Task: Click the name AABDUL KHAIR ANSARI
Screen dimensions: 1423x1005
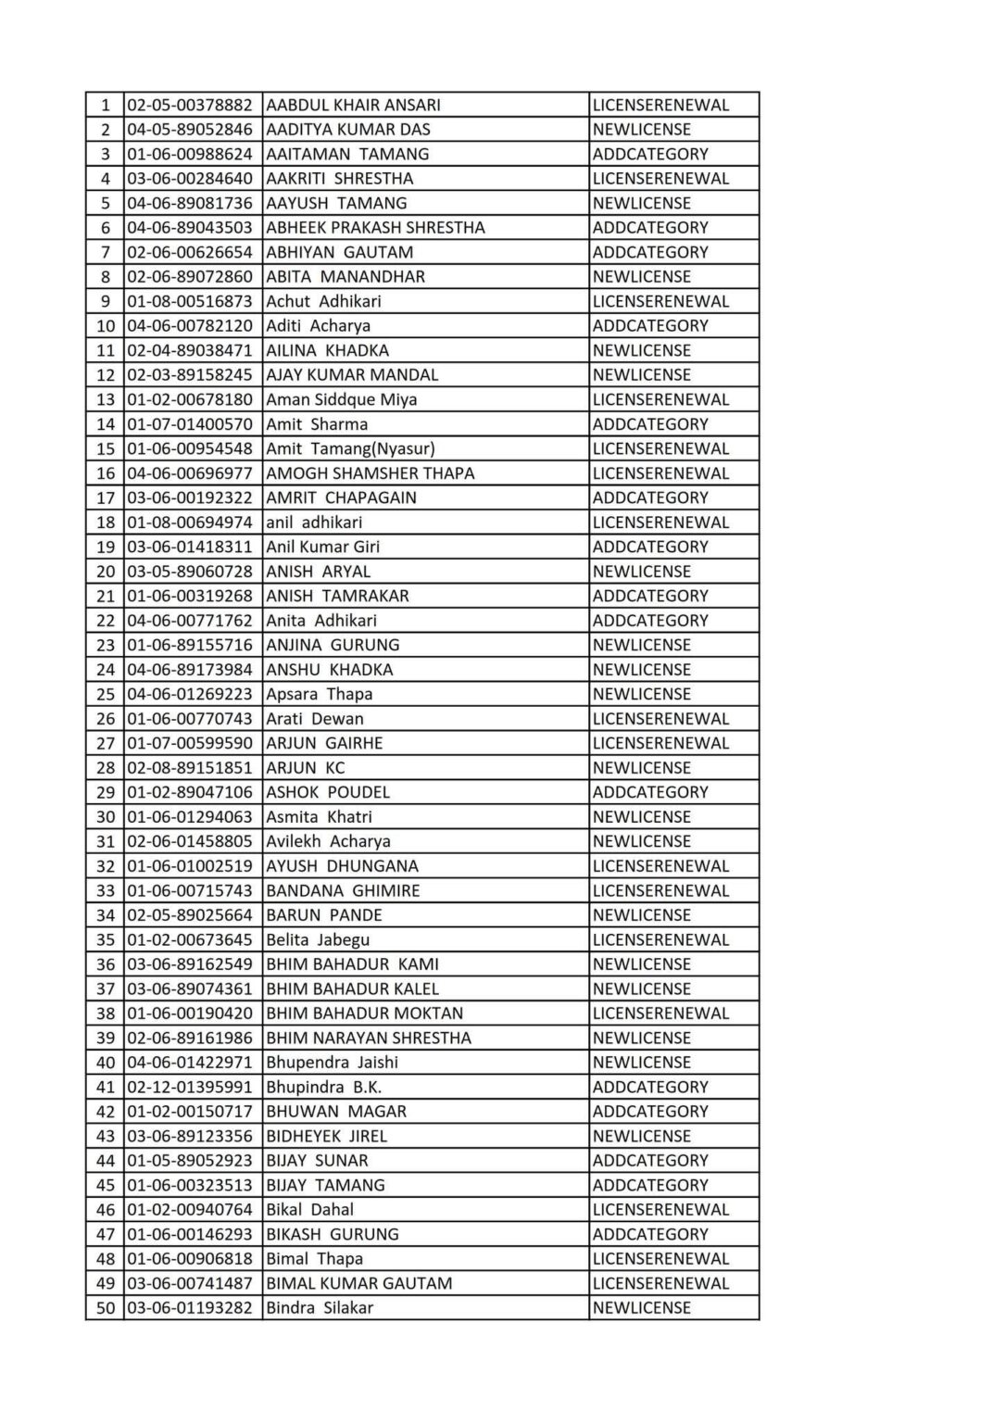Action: click(x=353, y=105)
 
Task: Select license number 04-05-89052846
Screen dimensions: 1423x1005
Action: click(x=190, y=130)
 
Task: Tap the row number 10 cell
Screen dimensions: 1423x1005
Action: click(x=106, y=326)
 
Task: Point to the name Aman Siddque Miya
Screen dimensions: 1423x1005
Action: click(x=341, y=399)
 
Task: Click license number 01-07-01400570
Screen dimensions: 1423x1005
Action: click(x=190, y=424)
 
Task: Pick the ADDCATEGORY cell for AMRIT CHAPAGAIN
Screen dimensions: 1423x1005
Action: click(x=649, y=497)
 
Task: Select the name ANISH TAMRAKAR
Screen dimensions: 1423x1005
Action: click(x=337, y=596)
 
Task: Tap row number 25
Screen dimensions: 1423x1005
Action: click(x=106, y=694)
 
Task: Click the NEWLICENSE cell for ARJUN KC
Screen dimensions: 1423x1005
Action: click(x=641, y=768)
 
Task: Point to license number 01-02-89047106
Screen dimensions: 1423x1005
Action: click(x=190, y=792)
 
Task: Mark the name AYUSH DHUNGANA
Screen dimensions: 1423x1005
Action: click(x=342, y=866)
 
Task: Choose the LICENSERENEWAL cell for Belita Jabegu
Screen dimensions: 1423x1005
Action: click(x=660, y=939)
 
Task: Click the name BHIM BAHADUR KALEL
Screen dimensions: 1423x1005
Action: click(x=352, y=989)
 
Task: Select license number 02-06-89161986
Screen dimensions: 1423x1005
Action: click(x=190, y=1038)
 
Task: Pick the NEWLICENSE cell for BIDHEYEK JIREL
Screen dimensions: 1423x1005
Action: click(x=641, y=1136)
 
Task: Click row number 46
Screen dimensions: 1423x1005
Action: click(x=106, y=1210)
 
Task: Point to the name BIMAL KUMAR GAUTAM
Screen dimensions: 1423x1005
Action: click(x=358, y=1283)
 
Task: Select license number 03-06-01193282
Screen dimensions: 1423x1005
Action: click(x=190, y=1308)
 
